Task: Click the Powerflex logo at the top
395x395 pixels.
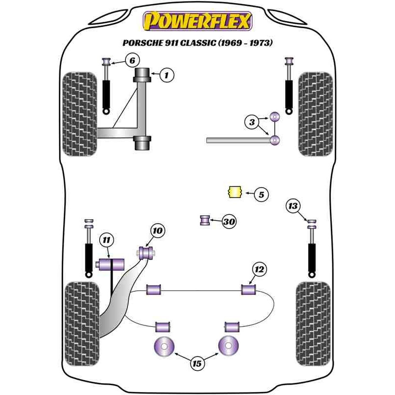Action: [x=197, y=21]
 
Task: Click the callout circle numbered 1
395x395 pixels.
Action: [x=167, y=76]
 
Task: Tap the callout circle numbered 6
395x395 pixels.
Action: [x=131, y=61]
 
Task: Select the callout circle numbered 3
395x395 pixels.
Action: [x=252, y=121]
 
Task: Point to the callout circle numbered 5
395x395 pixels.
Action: [x=261, y=195]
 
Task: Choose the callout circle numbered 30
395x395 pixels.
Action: [x=229, y=222]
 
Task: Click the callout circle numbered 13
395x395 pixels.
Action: [x=293, y=205]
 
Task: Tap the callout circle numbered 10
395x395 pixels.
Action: [x=158, y=231]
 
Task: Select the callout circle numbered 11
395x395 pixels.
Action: [x=106, y=240]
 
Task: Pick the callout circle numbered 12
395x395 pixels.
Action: [x=259, y=270]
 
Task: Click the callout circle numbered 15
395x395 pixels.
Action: [x=197, y=364]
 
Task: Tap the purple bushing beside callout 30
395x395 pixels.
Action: [x=205, y=220]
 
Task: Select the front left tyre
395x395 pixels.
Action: [x=80, y=114]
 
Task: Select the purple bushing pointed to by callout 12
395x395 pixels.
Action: [x=248, y=289]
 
